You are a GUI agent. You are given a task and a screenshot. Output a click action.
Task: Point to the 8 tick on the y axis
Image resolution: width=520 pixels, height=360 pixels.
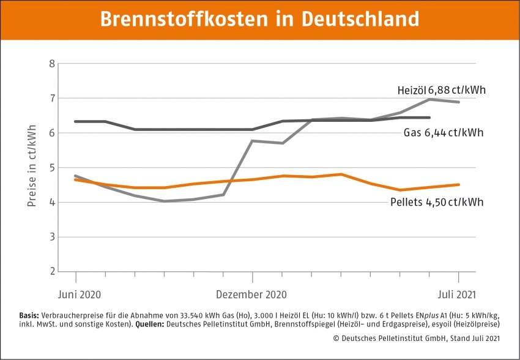click(51, 64)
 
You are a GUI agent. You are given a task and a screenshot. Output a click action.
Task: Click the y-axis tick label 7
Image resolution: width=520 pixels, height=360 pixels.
click(51, 99)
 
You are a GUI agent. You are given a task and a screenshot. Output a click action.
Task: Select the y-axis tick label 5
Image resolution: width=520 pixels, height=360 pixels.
click(51, 168)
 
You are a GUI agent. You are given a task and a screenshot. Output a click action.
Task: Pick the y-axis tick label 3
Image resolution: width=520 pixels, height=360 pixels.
click(51, 237)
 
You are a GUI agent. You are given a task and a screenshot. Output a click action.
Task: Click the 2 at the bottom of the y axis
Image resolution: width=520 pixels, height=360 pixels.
click(51, 271)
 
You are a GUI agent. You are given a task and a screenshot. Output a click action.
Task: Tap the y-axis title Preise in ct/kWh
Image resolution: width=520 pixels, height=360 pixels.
click(32, 167)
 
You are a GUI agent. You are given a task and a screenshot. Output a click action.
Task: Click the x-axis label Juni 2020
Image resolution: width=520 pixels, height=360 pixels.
click(79, 294)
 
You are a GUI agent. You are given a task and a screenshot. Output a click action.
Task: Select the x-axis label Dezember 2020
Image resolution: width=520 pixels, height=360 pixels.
click(251, 294)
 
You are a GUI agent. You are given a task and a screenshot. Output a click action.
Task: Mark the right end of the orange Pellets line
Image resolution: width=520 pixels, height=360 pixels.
click(459, 184)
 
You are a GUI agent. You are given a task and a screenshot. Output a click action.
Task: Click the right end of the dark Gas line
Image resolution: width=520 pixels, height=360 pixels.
click(429, 118)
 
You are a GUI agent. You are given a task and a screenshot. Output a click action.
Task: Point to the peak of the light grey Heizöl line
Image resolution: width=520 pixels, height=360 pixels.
click(429, 99)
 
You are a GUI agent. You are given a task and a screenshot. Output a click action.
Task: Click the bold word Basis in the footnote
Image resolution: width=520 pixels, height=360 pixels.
click(31, 315)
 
